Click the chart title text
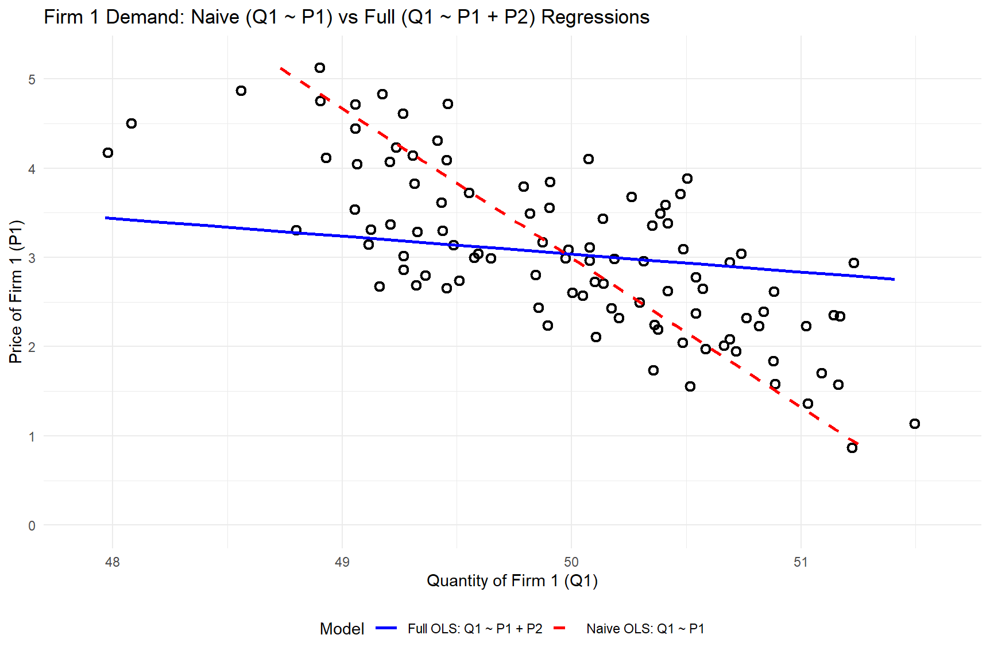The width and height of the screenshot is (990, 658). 346,17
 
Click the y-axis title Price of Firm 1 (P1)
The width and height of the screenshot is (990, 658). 16,292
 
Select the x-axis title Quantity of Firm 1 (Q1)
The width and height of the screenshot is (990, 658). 512,581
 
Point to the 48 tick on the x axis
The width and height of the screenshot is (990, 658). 113,563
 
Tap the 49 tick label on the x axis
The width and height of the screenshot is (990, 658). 342,563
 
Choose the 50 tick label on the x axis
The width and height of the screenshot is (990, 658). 571,563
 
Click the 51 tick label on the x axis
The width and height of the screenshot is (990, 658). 801,563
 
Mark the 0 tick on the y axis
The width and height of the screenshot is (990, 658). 32,526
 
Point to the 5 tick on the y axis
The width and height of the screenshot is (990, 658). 32,80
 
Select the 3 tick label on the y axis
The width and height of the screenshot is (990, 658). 32,258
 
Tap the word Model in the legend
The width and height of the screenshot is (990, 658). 342,629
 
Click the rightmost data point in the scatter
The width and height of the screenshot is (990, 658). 915,424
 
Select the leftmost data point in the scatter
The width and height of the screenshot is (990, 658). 108,153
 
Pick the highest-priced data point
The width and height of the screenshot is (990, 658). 320,68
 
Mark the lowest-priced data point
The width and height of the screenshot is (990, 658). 852,448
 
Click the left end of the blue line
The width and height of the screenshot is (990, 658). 106,218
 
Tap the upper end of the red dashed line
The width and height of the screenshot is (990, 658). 281,68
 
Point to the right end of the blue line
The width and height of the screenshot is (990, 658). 894,280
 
